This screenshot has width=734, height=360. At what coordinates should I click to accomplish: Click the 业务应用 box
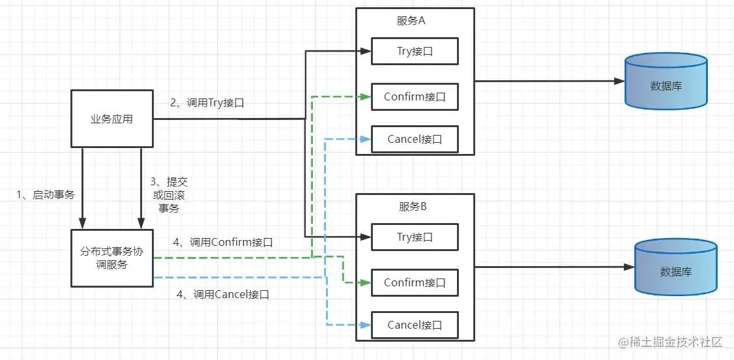pyautogui.click(x=111, y=119)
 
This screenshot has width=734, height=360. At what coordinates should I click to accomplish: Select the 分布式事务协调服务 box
pyautogui.click(x=111, y=258)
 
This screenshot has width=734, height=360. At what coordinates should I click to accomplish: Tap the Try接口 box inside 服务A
pyautogui.click(x=415, y=52)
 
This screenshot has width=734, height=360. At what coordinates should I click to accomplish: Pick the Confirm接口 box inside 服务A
pyautogui.click(x=415, y=97)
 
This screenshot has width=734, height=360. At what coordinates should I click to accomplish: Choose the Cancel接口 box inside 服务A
pyautogui.click(x=415, y=139)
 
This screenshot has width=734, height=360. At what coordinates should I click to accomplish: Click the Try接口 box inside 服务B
pyautogui.click(x=415, y=237)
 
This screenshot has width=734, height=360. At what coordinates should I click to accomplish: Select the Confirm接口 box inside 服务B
pyautogui.click(x=415, y=282)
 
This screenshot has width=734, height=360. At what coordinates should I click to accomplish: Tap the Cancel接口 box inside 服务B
pyautogui.click(x=415, y=325)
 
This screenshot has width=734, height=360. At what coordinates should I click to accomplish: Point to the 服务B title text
pyautogui.click(x=413, y=207)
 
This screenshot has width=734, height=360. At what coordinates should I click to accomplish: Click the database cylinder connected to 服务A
pyautogui.click(x=666, y=81)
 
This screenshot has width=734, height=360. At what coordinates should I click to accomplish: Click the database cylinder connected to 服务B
pyautogui.click(x=675, y=267)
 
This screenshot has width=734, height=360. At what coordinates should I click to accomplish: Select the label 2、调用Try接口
pyautogui.click(x=207, y=102)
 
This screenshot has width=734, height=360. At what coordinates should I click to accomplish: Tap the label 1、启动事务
pyautogui.click(x=45, y=194)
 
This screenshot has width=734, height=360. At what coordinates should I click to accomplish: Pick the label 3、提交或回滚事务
pyautogui.click(x=169, y=195)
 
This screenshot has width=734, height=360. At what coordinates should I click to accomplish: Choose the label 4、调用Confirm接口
pyautogui.click(x=222, y=242)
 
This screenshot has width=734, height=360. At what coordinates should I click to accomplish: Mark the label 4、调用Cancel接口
pyautogui.click(x=222, y=294)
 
